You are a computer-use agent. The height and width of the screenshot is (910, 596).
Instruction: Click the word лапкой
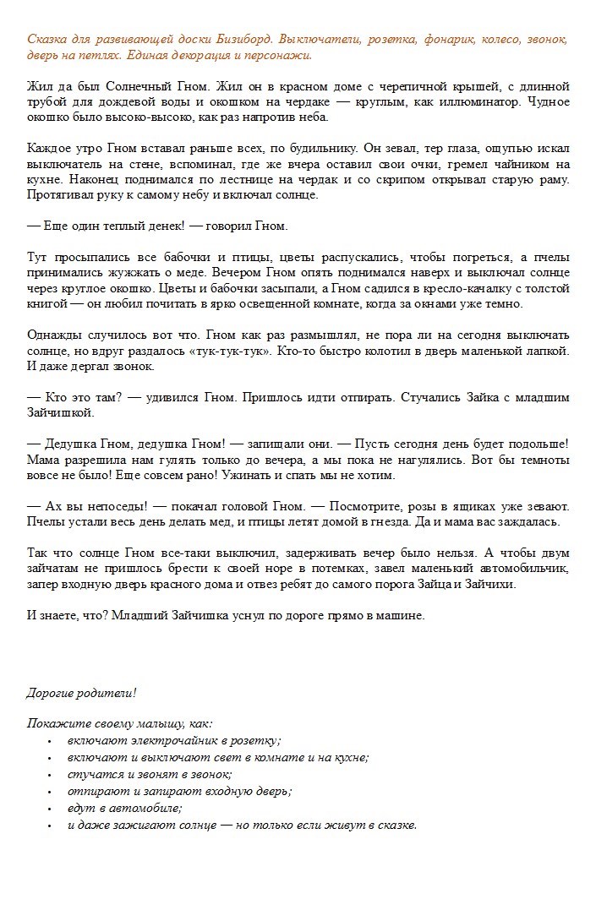coord(548,350)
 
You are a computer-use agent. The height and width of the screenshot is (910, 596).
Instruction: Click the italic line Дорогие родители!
coord(81,693)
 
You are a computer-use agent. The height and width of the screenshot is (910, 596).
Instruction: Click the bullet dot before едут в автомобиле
coord(49,809)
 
